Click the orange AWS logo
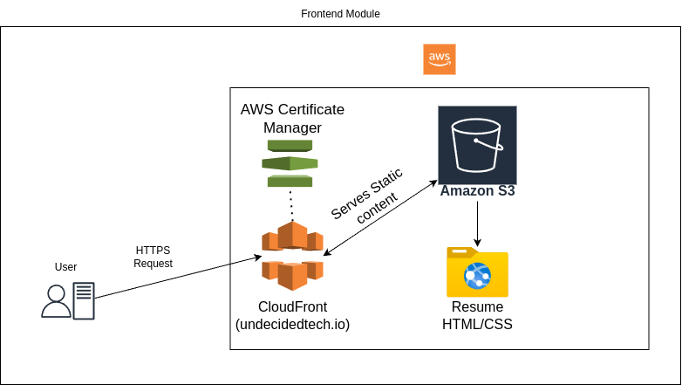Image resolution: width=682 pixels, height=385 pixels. pyautogui.click(x=439, y=59)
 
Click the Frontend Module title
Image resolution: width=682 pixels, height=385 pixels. pyautogui.click(x=340, y=14)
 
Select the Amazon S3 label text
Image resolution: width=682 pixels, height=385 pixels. pyautogui.click(x=477, y=190)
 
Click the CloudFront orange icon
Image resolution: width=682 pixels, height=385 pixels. pyautogui.click(x=292, y=255)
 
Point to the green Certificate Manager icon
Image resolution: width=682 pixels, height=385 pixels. pyautogui.click(x=290, y=163)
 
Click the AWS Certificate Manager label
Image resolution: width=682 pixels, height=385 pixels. pyautogui.click(x=292, y=119)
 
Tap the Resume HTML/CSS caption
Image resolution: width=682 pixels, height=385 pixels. pyautogui.click(x=477, y=316)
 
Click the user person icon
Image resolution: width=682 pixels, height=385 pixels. pyautogui.click(x=56, y=301)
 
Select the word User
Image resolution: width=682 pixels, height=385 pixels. pyautogui.click(x=65, y=267)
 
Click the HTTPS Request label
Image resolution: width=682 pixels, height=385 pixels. pyautogui.click(x=153, y=257)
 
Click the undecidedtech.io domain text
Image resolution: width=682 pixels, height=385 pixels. pyautogui.click(x=292, y=325)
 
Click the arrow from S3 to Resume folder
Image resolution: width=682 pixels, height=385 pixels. pyautogui.click(x=477, y=223)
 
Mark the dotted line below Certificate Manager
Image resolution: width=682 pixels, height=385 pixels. pyautogui.click(x=291, y=205)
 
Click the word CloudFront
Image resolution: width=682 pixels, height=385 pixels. pyautogui.click(x=292, y=306)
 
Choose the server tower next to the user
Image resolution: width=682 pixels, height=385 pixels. pyautogui.click(x=84, y=301)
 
